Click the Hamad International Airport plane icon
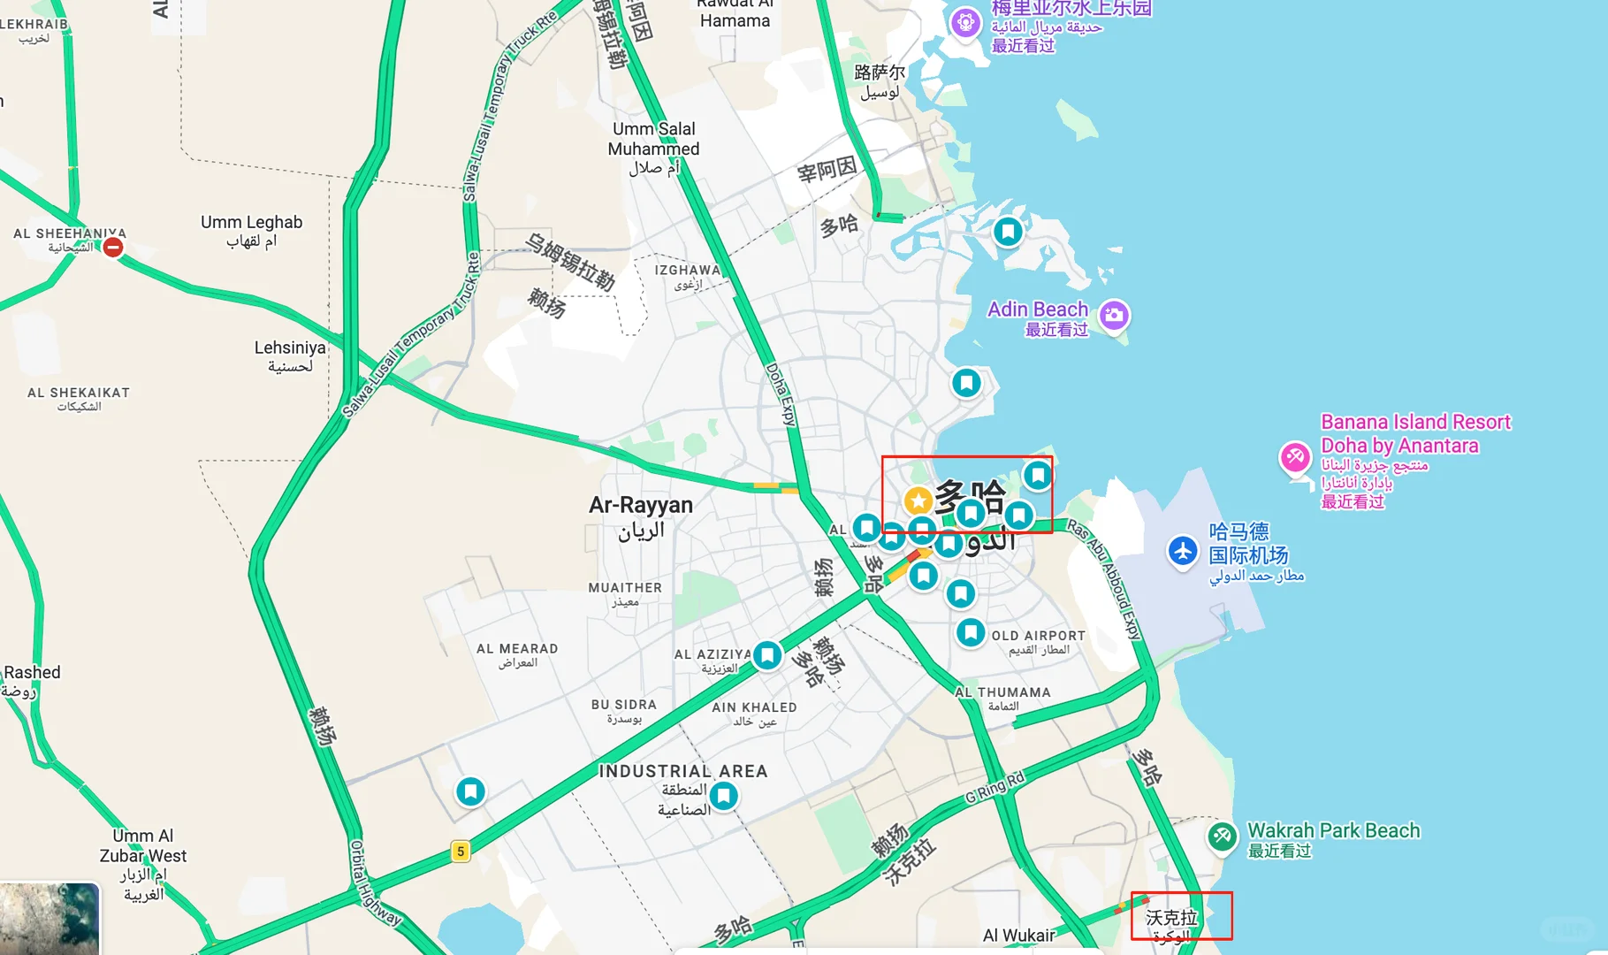pos(1183,551)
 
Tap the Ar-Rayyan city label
pos(641,506)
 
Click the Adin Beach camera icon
pos(1115,314)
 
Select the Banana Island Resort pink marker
pos(1295,457)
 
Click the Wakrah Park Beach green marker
pos(1222,835)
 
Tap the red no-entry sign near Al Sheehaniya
pos(113,248)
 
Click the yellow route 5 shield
pos(460,852)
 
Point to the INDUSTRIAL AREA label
pos(683,771)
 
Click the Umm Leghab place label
pos(251,223)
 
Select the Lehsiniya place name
pos(290,348)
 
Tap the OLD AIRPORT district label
pos(1038,636)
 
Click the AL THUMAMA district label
pos(1002,692)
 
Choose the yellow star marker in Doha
pos(918,501)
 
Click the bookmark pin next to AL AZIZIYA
pos(766,655)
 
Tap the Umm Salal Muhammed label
pos(653,140)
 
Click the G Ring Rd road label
pos(995,787)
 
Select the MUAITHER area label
pos(625,588)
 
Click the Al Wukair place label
pos(1018,936)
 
